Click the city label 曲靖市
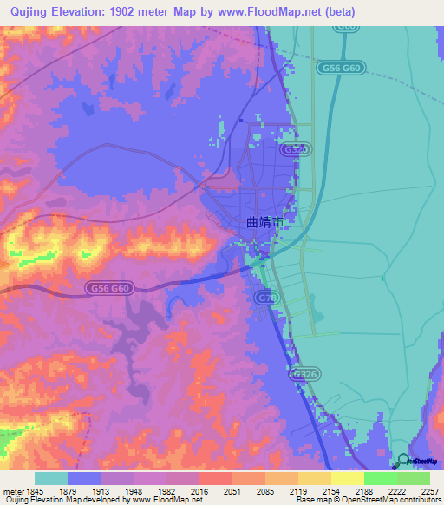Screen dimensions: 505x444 (x=264, y=223)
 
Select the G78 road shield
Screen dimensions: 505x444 (x=267, y=298)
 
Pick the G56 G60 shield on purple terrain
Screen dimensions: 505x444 (x=109, y=288)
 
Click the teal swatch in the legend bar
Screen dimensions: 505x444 (x=51, y=478)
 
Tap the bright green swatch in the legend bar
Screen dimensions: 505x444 (x=380, y=478)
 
